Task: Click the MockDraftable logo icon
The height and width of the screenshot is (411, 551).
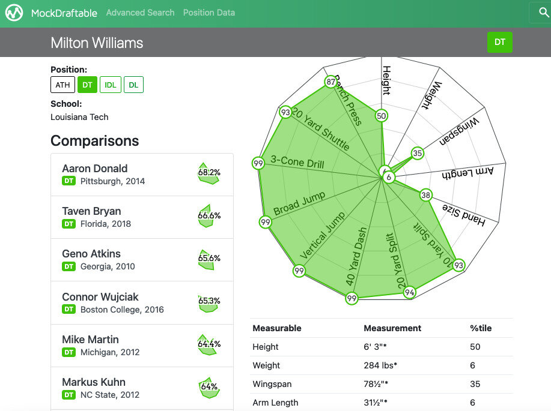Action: (x=14, y=13)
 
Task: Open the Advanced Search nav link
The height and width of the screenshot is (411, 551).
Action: (x=140, y=13)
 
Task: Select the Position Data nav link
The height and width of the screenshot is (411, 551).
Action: (x=209, y=13)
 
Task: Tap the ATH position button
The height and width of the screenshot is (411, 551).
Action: (x=62, y=85)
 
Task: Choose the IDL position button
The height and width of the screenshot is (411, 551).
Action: (x=111, y=85)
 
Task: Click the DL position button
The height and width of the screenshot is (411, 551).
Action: (x=133, y=85)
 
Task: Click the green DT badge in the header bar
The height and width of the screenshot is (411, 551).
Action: (x=499, y=42)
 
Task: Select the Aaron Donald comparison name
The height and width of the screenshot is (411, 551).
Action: (x=95, y=169)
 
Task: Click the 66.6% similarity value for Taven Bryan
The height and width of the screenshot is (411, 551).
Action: (x=209, y=215)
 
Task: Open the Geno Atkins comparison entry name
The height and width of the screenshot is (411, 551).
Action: (x=91, y=254)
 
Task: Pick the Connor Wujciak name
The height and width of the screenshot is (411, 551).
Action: (x=100, y=297)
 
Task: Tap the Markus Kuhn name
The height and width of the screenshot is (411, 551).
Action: (x=94, y=382)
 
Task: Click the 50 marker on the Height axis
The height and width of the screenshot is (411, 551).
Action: (x=382, y=116)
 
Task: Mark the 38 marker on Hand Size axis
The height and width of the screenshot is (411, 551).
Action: (x=426, y=195)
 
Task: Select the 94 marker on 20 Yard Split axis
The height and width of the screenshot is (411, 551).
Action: (x=410, y=292)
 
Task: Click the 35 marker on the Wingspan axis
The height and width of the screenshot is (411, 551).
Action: (x=417, y=153)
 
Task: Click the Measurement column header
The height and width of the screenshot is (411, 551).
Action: (x=392, y=328)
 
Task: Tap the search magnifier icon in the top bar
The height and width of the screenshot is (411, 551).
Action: (x=539, y=13)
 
